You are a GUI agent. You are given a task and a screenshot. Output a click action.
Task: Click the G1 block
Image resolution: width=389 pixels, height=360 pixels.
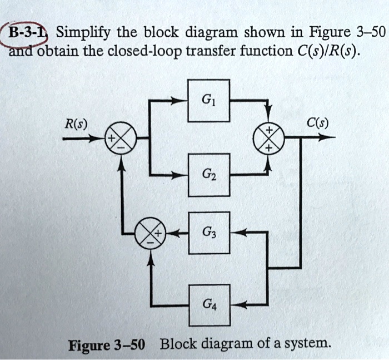click(x=209, y=101)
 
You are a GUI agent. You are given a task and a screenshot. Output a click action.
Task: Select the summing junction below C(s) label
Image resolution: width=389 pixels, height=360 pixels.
click(x=268, y=139)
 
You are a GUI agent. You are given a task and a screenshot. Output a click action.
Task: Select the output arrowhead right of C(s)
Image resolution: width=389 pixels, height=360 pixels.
click(x=331, y=139)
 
